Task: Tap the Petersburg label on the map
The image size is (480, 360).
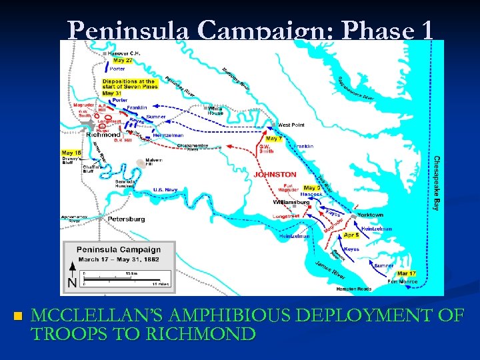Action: tap(126, 218)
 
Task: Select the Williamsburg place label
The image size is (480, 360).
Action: tap(291, 201)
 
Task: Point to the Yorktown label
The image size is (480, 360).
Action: tap(370, 215)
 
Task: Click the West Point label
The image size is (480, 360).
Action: tap(291, 125)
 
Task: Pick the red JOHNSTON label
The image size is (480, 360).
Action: tap(275, 175)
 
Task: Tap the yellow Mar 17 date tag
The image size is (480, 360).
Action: tap(405, 273)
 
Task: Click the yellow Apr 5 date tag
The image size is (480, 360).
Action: tap(351, 235)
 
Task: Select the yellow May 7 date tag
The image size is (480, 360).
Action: tap(273, 139)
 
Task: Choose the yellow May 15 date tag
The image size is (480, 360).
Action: tap(71, 153)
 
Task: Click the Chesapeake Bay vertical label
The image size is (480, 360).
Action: tap(437, 183)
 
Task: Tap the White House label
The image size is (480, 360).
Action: tap(215, 110)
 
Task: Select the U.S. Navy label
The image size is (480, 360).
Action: tap(165, 190)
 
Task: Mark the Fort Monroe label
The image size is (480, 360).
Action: tap(403, 281)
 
